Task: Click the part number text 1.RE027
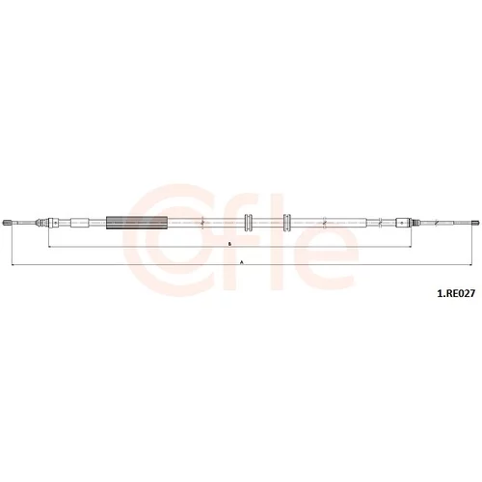(455, 293)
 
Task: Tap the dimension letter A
(242, 262)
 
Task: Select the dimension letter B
(229, 244)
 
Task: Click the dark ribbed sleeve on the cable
(137, 223)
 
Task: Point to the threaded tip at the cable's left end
(7, 223)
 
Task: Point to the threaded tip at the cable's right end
(475, 223)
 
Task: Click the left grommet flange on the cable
(249, 223)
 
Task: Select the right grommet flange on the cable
(287, 223)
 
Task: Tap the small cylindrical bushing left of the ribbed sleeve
(79, 223)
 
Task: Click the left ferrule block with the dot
(54, 223)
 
